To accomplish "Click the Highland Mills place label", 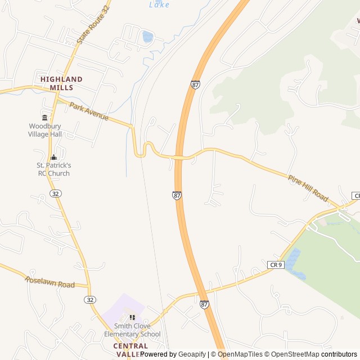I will (x=61, y=83).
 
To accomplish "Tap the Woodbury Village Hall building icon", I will (x=45, y=117).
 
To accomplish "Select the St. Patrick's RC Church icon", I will (x=53, y=157).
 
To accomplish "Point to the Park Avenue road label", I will (x=89, y=111).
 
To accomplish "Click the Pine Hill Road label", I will (x=308, y=188).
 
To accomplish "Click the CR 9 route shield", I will (x=275, y=264).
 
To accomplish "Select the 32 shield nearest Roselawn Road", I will (x=90, y=300).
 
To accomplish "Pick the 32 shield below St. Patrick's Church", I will (x=55, y=193).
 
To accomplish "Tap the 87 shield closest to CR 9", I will (x=204, y=304).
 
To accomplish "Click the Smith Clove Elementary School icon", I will (x=132, y=317).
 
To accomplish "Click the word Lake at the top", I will (x=159, y=4).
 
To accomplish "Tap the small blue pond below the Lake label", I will (x=147, y=37).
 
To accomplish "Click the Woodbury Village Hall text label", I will (x=45, y=130).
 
